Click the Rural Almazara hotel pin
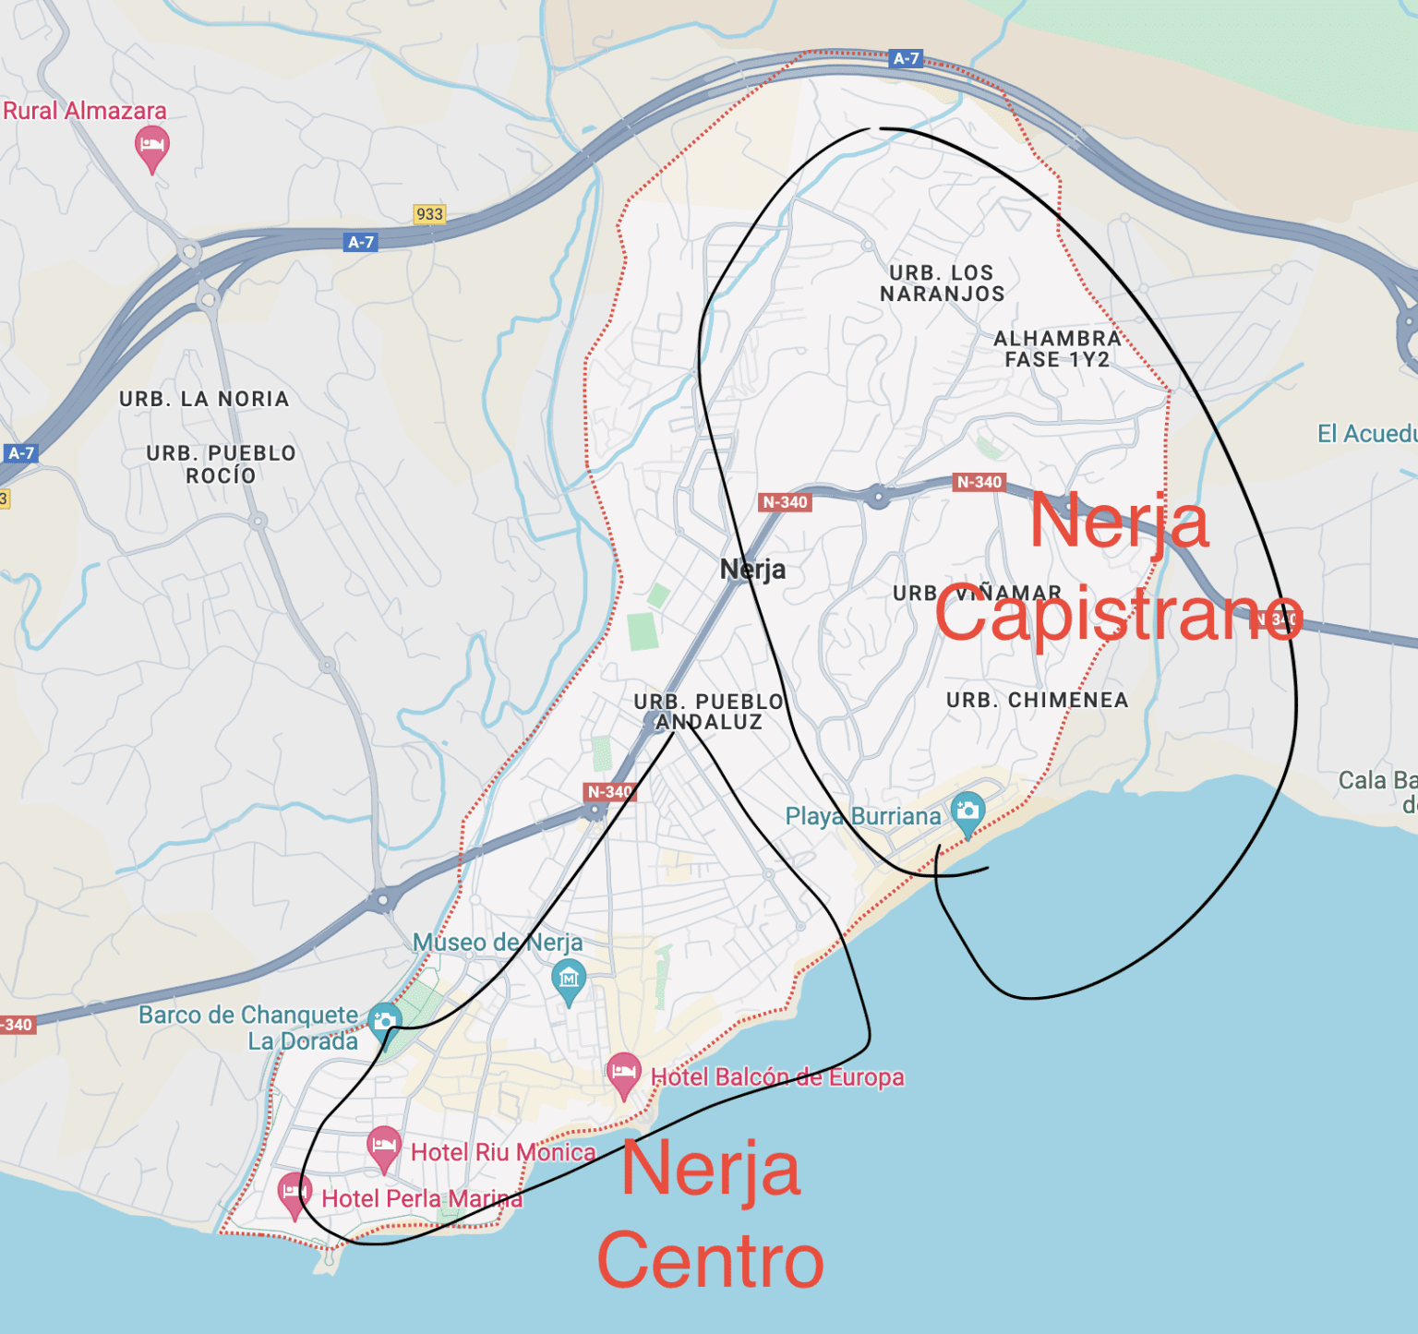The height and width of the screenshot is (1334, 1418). (152, 147)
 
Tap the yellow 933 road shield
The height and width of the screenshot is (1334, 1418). (429, 214)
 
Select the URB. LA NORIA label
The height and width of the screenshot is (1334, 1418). (204, 399)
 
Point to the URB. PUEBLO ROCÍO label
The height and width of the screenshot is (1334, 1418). (221, 464)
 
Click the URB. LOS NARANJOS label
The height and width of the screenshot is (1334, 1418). (942, 283)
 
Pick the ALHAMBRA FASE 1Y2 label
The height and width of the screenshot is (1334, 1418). (1057, 349)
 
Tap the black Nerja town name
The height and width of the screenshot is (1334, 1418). (752, 570)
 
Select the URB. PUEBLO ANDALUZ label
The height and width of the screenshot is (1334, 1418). (709, 712)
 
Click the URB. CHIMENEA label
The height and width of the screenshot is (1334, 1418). (1037, 701)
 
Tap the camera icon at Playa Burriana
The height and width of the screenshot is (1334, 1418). (967, 811)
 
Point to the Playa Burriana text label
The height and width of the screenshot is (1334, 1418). (862, 816)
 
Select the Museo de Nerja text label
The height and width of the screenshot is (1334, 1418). (497, 943)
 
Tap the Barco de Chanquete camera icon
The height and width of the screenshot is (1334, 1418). (384, 1021)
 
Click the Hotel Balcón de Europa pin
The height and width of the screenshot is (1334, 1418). (623, 1073)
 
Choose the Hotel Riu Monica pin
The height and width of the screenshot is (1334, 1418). (384, 1147)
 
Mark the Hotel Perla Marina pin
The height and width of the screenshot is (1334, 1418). (294, 1193)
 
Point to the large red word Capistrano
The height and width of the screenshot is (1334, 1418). (1118, 616)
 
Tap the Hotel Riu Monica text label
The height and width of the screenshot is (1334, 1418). (503, 1152)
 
